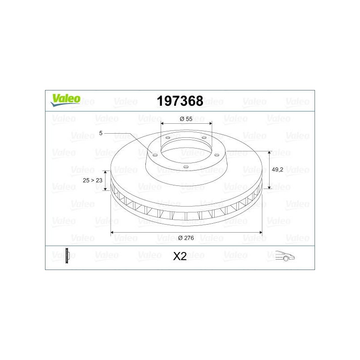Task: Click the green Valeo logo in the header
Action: [66, 100]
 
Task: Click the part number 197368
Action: [180, 101]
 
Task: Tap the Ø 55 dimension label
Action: [186, 119]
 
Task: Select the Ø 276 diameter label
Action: [186, 238]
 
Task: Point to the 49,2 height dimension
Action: [277, 170]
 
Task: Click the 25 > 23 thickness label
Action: [93, 180]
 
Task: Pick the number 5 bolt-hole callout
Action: [100, 133]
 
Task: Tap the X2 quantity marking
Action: [180, 256]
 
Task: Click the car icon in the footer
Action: [285, 256]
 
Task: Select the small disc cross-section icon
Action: [67, 256]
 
